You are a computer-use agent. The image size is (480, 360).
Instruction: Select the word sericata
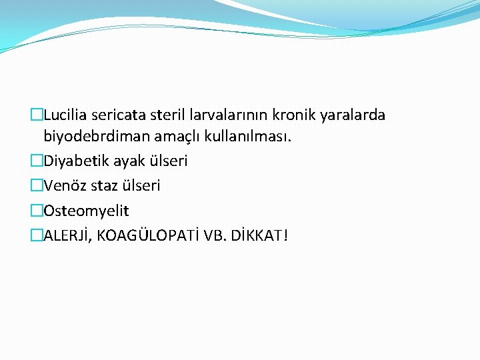click(x=119, y=115)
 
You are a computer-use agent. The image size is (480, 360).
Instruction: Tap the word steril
click(x=167, y=115)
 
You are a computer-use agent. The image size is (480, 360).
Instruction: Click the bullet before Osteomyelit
click(x=36, y=211)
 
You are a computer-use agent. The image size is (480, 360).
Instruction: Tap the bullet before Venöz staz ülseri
click(x=36, y=185)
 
